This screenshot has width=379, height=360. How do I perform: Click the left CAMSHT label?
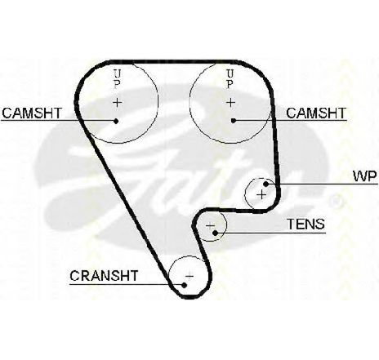(x=32, y=113)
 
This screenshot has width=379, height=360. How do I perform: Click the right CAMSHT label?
(x=316, y=113)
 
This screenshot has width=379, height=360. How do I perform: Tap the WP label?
(x=365, y=176)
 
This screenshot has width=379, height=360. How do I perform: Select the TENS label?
(x=306, y=224)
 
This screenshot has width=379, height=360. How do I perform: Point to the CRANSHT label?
(x=104, y=276)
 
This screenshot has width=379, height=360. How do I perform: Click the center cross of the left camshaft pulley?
(x=118, y=103)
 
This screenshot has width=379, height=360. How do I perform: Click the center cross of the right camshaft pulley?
(x=230, y=103)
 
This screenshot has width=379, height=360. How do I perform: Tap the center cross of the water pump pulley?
(x=261, y=195)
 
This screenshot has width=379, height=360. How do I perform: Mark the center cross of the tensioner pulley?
(x=211, y=226)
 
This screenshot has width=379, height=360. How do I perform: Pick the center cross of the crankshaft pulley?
(x=189, y=277)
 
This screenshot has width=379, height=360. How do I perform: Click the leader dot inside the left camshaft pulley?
(x=116, y=121)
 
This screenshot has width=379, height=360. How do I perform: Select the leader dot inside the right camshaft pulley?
(x=233, y=121)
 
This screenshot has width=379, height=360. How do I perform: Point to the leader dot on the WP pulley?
(x=266, y=184)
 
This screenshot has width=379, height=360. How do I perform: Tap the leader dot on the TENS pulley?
(x=215, y=233)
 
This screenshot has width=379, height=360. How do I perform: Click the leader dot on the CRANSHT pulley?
(x=185, y=285)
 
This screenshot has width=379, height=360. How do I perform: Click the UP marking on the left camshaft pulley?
(x=117, y=79)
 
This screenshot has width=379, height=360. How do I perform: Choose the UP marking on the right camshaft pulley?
(x=230, y=79)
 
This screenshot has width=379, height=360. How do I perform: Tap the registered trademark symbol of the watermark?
(x=336, y=202)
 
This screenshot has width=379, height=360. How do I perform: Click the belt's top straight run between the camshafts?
(x=174, y=62)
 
